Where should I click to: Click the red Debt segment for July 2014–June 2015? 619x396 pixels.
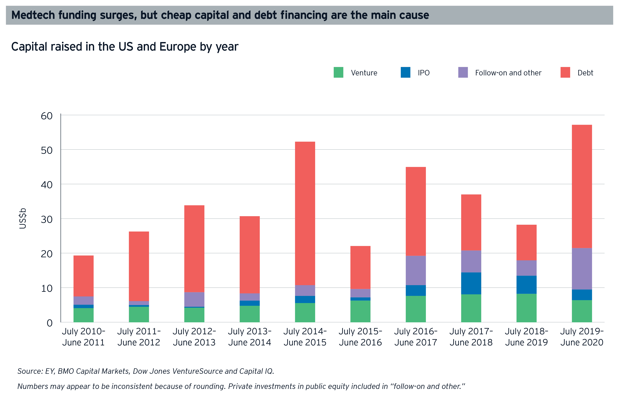click(x=305, y=213)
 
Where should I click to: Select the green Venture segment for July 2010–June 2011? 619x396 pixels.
click(x=83, y=315)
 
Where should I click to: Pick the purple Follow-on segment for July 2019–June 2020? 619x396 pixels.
click(x=582, y=269)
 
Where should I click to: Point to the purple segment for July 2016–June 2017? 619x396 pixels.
click(x=416, y=270)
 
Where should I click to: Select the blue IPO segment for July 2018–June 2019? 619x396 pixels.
click(x=526, y=285)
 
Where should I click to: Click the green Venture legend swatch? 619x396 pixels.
click(x=338, y=72)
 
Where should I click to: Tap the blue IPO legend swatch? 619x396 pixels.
click(x=405, y=72)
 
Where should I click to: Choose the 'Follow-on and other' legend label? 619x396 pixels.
click(x=508, y=73)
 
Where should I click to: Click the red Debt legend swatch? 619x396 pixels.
click(x=565, y=72)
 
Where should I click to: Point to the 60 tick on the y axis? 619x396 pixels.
click(x=47, y=116)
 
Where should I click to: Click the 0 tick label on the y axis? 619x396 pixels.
click(x=49, y=323)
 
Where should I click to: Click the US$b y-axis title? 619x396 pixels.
click(x=23, y=219)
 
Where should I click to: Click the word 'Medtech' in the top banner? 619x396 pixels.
click(x=33, y=15)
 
